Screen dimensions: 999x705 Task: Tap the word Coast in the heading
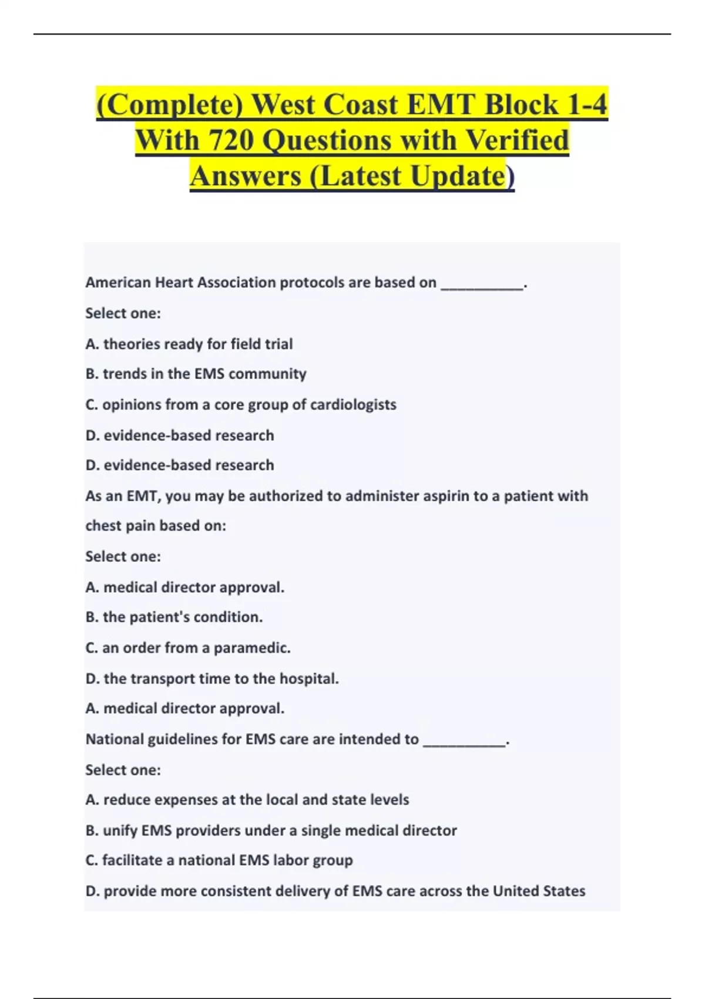point(361,105)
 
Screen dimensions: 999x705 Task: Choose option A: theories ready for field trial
point(189,344)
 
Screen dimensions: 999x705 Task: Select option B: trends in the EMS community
point(196,374)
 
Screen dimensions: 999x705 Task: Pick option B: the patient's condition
point(174,617)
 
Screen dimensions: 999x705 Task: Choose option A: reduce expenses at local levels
point(247,800)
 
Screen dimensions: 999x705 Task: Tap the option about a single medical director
point(271,830)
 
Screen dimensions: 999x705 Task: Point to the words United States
point(539,891)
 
